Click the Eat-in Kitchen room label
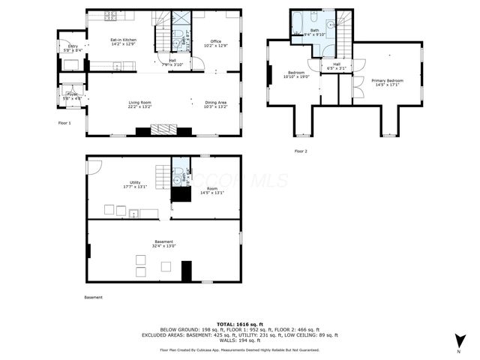point(123,39)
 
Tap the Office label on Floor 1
point(216,41)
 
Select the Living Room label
point(139,102)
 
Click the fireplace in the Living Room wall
point(165,130)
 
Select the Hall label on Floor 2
point(337,64)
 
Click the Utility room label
point(136,183)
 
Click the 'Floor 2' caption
point(300,151)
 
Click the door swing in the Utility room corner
point(92,165)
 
